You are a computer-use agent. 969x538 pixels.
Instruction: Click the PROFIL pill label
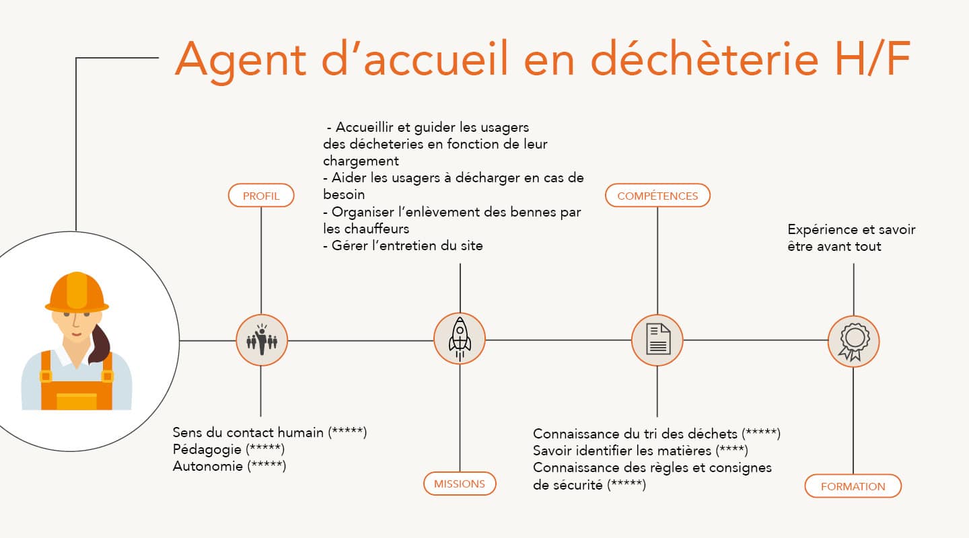point(261,196)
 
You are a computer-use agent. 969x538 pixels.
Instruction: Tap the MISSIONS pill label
point(460,484)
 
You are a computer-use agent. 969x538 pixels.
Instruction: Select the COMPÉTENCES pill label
point(657,196)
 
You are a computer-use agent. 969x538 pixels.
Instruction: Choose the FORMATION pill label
point(853,486)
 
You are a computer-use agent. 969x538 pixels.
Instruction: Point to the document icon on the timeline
point(658,340)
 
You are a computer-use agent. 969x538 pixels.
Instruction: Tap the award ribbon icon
point(853,341)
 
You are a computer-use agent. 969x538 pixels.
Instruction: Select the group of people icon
point(262,340)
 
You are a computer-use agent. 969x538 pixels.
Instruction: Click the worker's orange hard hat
point(77,292)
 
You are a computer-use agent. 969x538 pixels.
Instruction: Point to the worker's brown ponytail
point(100,344)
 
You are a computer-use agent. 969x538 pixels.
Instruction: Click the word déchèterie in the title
point(705,59)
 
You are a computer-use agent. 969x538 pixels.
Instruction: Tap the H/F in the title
point(873,59)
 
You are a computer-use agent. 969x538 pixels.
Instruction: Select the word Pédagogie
point(207,449)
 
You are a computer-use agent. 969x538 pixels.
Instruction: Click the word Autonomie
point(208,466)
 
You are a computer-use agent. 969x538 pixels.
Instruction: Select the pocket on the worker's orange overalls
point(77,401)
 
